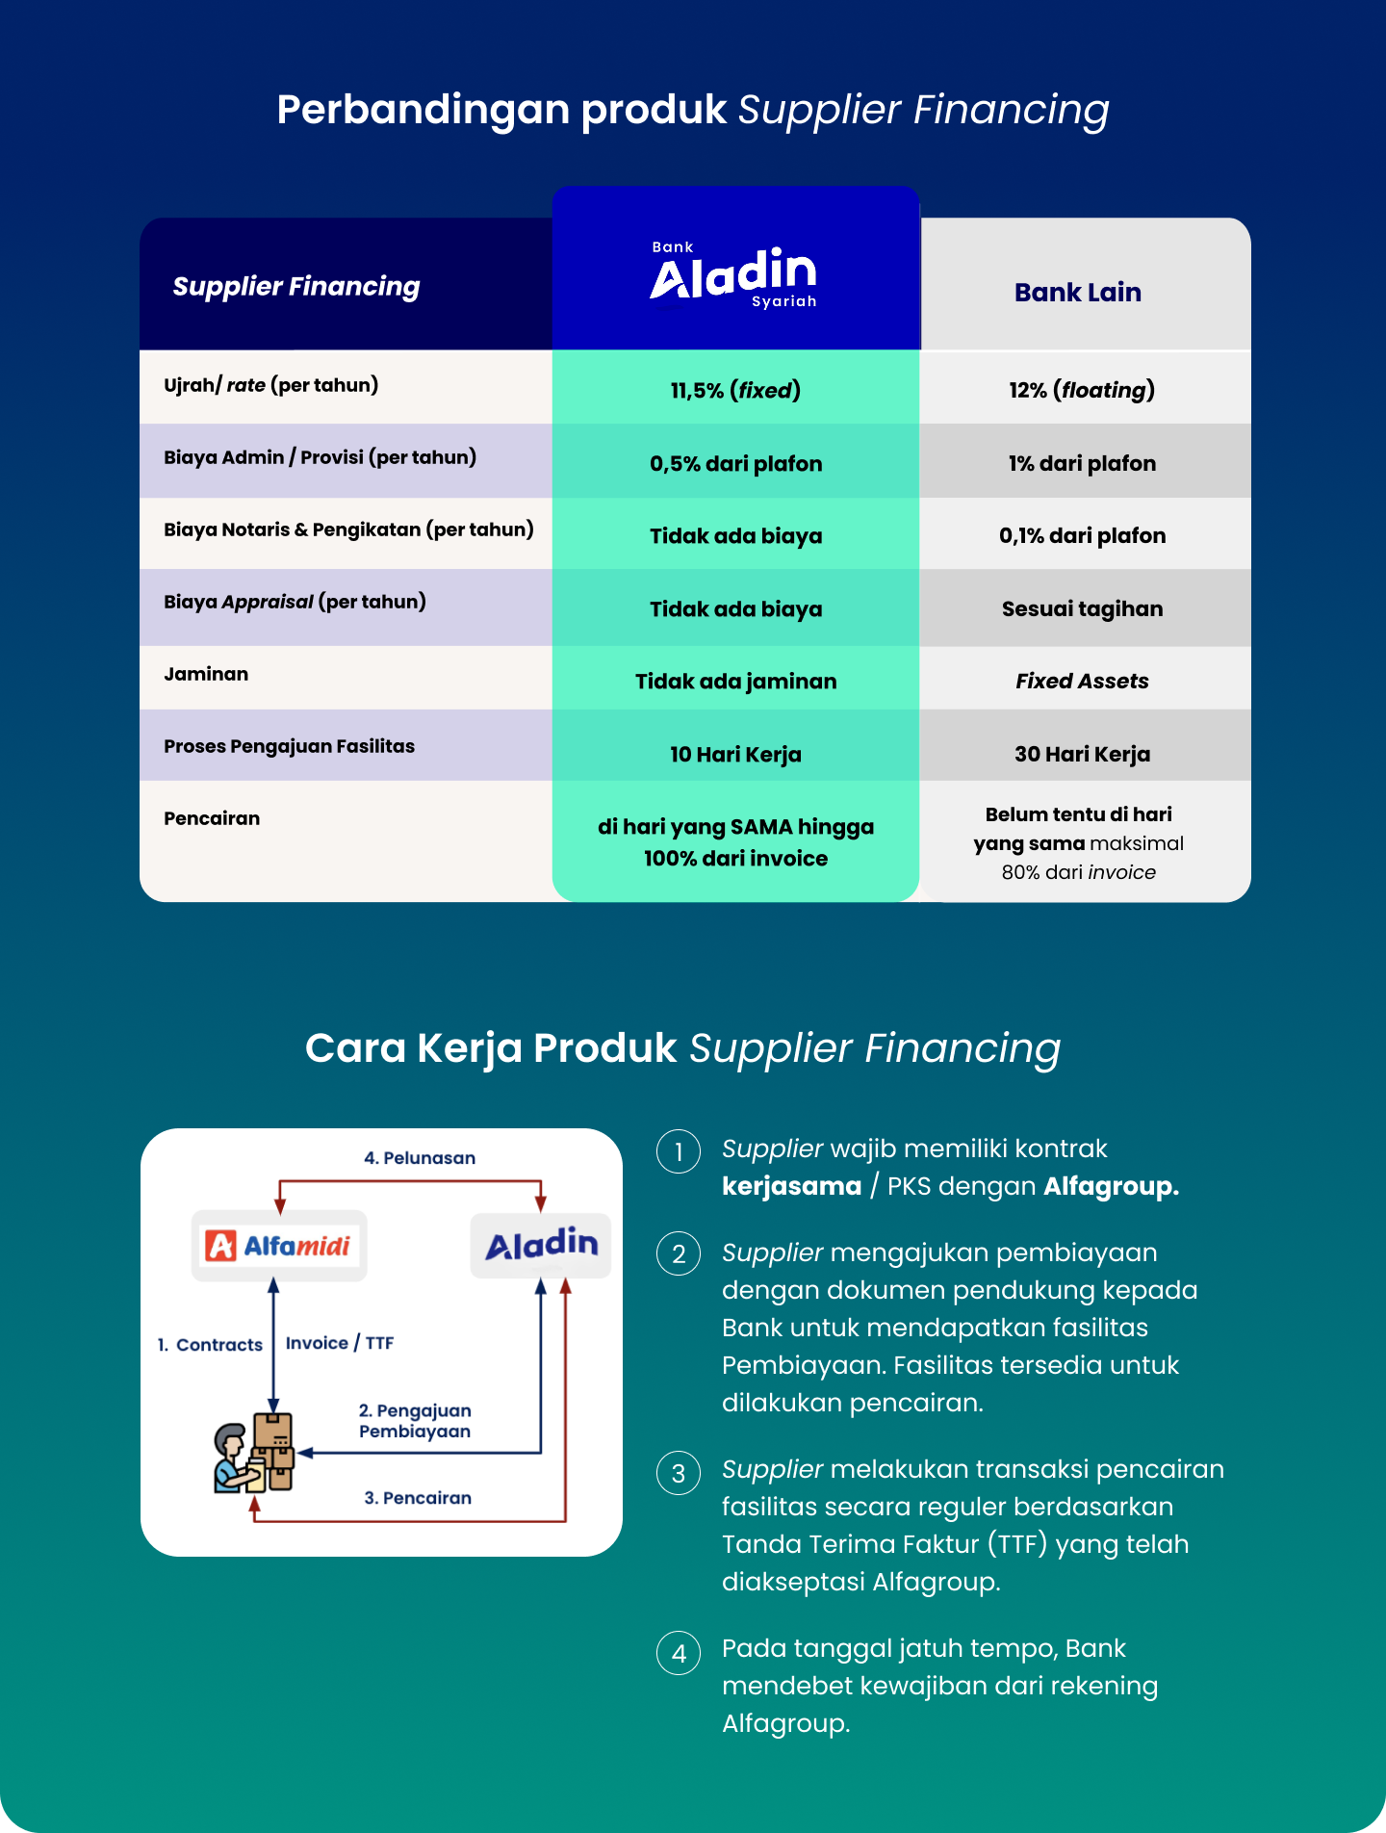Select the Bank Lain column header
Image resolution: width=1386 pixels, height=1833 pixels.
tap(1078, 293)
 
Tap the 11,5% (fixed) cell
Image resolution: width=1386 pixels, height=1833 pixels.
tap(735, 390)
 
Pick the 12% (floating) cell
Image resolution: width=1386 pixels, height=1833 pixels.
tap(1082, 390)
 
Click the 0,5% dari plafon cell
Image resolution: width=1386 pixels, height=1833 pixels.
tap(735, 463)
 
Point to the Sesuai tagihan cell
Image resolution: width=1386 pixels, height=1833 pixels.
tap(1082, 608)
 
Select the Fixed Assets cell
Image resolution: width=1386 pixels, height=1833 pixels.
tap(1082, 681)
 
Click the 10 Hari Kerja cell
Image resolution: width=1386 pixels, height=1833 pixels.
tap(735, 754)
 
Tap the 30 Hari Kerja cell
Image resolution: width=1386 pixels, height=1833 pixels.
tap(1082, 754)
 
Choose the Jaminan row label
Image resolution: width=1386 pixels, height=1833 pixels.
tap(206, 674)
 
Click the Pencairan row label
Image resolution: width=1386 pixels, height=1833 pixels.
tap(212, 818)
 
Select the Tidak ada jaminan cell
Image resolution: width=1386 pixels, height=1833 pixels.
tap(735, 682)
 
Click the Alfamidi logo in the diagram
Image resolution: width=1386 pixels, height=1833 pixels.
tap(279, 1246)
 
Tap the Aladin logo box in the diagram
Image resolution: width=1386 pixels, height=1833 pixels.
tap(541, 1245)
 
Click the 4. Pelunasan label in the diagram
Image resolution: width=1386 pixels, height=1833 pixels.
tap(420, 1158)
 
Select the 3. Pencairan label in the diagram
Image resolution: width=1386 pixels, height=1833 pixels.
tap(418, 1498)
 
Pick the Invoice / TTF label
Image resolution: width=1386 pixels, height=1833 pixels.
tap(340, 1343)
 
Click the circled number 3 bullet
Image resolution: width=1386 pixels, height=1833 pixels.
tap(679, 1473)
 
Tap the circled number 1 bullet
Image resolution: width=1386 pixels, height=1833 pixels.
tap(679, 1151)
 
